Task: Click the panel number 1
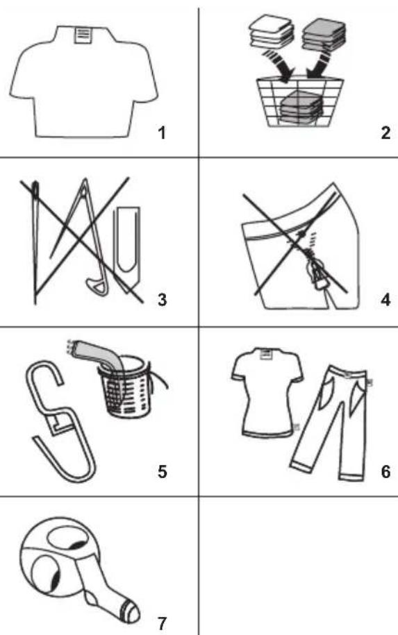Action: click(x=162, y=133)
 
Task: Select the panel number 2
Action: click(x=385, y=133)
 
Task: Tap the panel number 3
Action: click(x=162, y=300)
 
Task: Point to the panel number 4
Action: click(x=385, y=300)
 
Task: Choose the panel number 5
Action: click(x=162, y=471)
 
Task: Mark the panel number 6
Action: click(x=385, y=471)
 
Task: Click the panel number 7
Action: click(x=162, y=623)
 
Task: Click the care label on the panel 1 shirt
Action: click(x=83, y=34)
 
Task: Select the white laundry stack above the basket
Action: click(x=271, y=31)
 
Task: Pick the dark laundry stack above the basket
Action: click(x=324, y=34)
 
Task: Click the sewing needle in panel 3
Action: click(x=35, y=242)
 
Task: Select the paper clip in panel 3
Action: click(x=129, y=248)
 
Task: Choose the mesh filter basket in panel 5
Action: click(x=126, y=389)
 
